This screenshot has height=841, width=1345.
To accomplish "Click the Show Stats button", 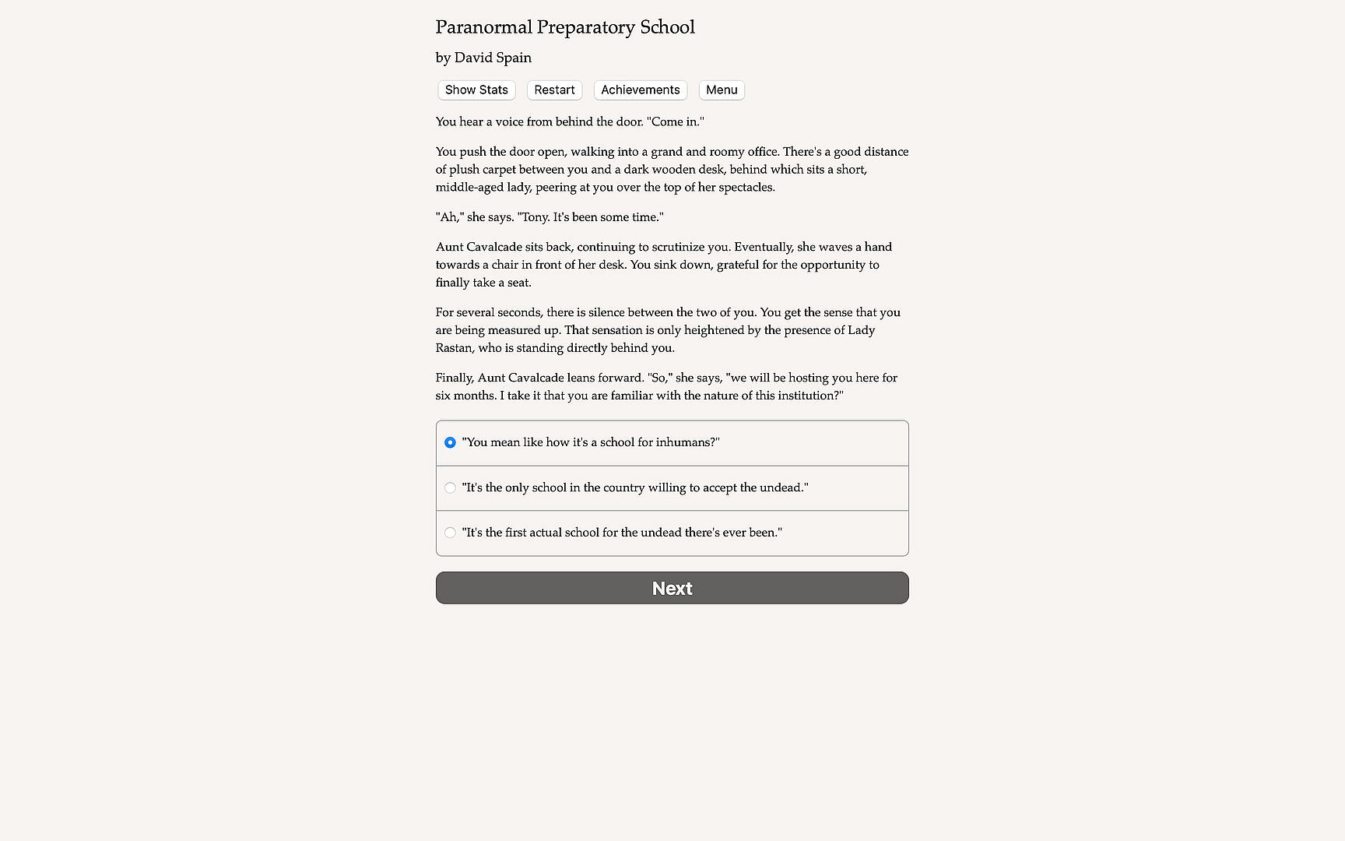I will pos(476,90).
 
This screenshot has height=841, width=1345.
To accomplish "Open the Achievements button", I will pos(640,90).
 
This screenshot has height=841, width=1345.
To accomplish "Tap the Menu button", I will pos(722,90).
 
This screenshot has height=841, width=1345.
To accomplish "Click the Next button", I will pos(672,588).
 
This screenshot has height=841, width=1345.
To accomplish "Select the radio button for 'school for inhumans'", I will pos(450,442).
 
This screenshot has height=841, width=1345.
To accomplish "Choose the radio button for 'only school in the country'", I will pos(450,487).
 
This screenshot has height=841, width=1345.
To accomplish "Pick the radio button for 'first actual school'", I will pos(450,533).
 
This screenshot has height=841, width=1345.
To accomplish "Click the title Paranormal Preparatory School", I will pos(564,27).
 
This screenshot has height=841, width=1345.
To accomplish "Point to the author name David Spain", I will pos(493,58).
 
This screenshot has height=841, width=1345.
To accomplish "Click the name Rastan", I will pos(453,348).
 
